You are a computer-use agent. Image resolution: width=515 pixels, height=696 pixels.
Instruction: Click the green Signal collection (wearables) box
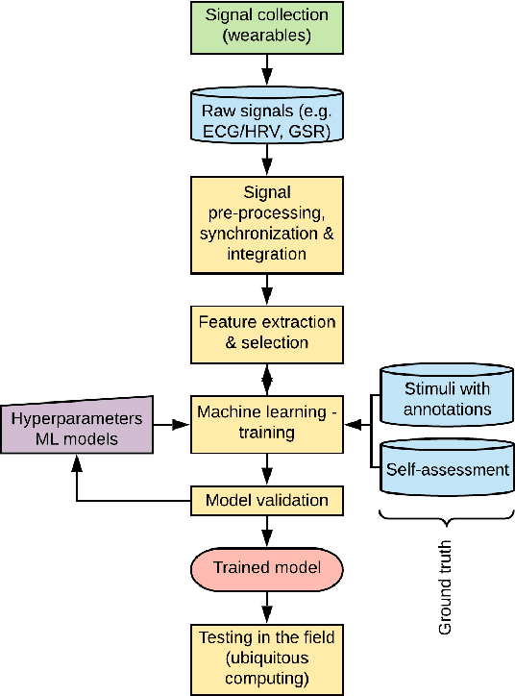pyautogui.click(x=266, y=27)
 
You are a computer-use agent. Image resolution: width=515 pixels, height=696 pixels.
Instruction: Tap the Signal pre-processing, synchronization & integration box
pyautogui.click(x=266, y=223)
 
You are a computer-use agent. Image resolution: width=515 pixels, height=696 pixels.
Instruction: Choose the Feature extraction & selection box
pyautogui.click(x=266, y=330)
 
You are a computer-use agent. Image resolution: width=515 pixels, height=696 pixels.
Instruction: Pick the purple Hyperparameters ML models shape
pyautogui.click(x=77, y=425)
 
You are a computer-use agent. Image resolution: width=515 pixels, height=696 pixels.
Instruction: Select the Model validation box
pyautogui.click(x=266, y=501)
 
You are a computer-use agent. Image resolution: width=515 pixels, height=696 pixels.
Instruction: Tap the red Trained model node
pyautogui.click(x=266, y=569)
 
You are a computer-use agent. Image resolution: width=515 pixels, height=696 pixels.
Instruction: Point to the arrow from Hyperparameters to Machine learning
pyautogui.click(x=172, y=424)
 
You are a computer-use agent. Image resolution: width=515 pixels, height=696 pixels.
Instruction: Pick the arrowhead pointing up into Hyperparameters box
pyautogui.click(x=78, y=461)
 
